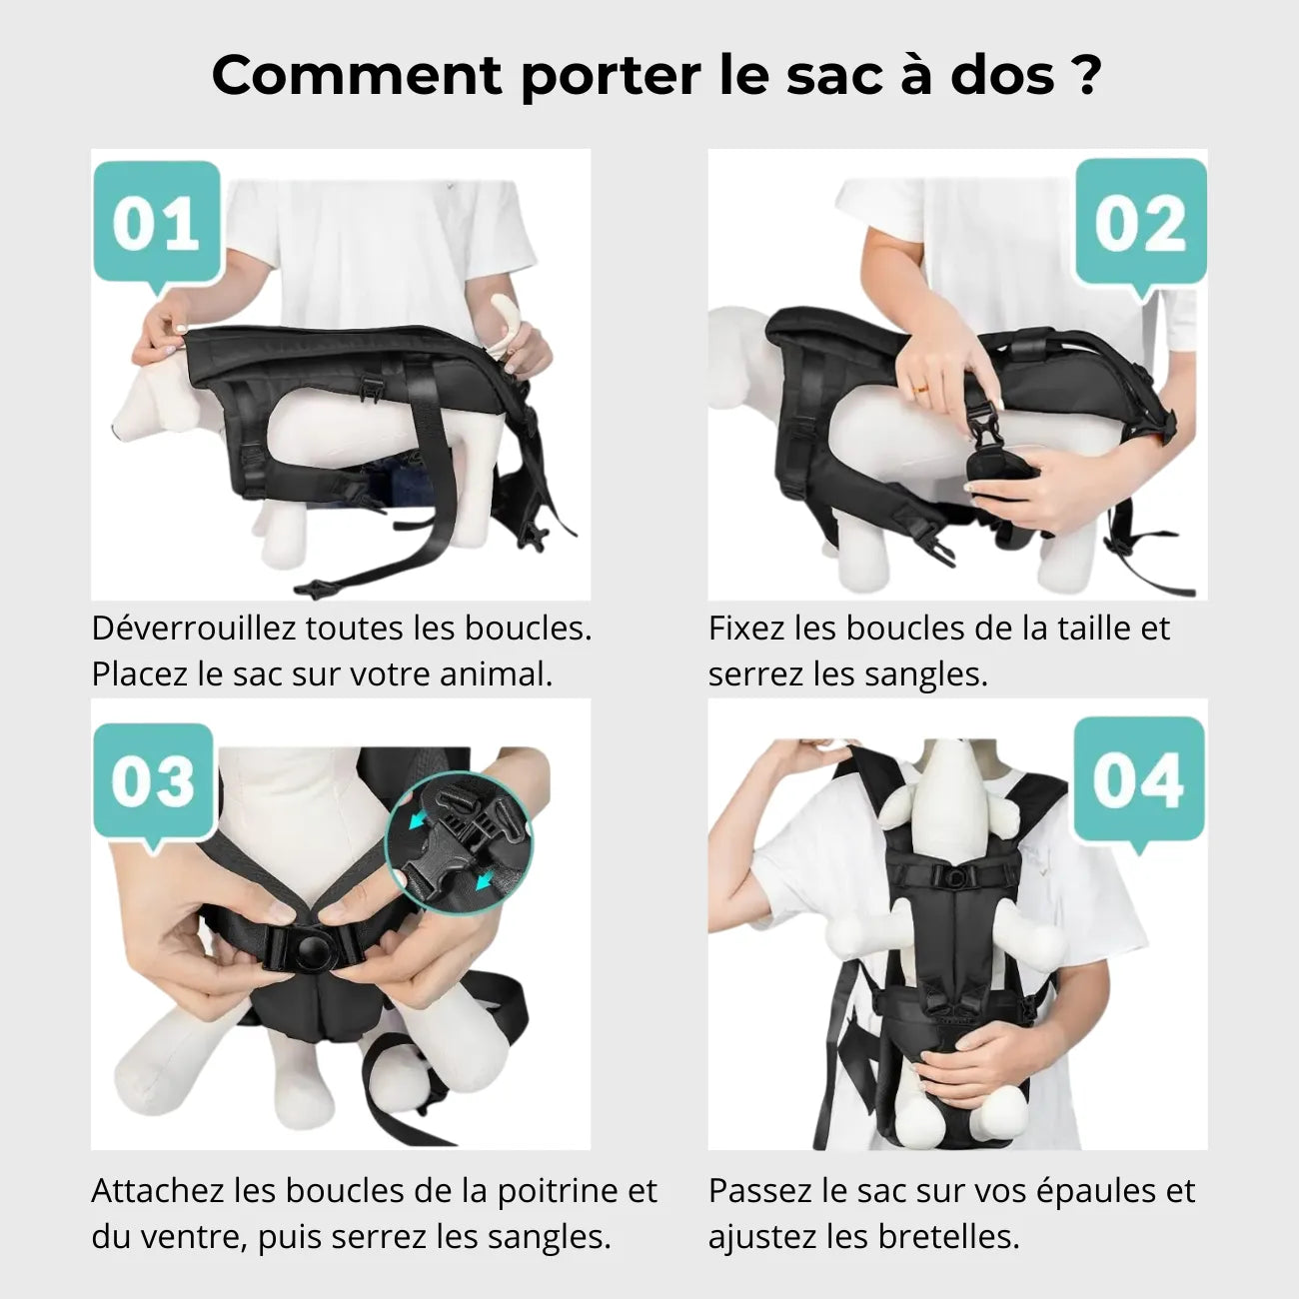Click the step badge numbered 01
[156, 224]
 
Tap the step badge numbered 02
[1140, 224]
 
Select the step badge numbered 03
[153, 782]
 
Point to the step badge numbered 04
[1138, 780]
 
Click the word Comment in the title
[357, 75]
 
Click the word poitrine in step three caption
[560, 1191]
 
